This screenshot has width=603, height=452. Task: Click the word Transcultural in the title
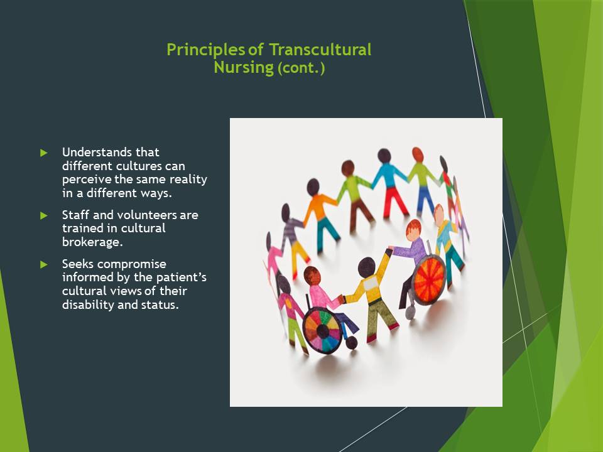[320, 50]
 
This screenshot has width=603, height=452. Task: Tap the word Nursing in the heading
[244, 67]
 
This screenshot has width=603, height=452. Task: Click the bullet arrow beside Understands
[44, 153]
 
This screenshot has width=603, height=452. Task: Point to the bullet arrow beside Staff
[44, 215]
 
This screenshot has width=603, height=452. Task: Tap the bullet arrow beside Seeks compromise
[44, 264]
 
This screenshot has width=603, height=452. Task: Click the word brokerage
[92, 242]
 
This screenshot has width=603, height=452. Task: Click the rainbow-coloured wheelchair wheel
[322, 330]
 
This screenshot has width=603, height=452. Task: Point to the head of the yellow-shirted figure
[366, 267]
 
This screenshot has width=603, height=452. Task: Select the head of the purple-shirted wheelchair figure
[414, 230]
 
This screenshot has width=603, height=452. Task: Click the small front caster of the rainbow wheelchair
[351, 343]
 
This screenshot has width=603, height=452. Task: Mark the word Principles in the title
[206, 50]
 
